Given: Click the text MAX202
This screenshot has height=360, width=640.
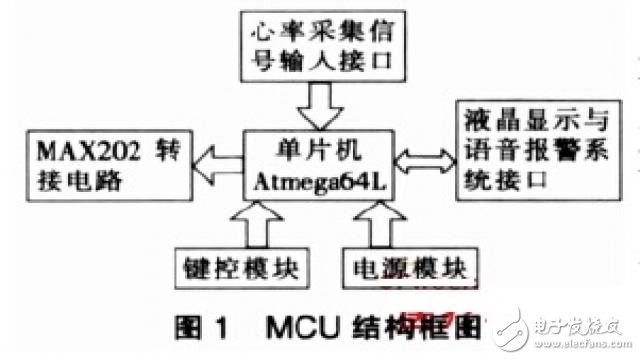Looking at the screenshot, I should [75, 153].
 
